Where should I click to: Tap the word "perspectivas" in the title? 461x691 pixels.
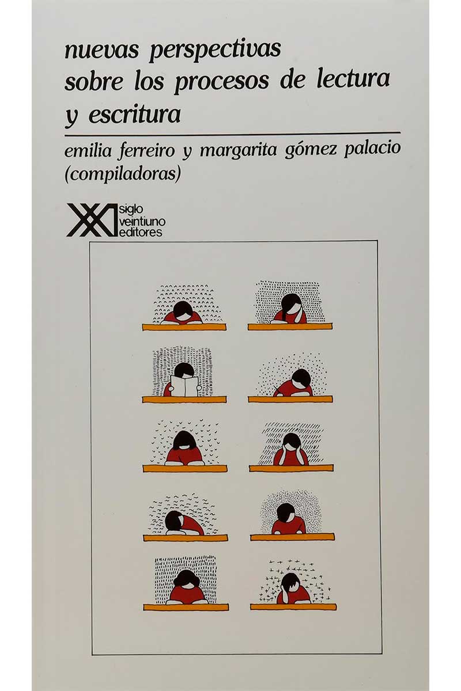coord(215,51)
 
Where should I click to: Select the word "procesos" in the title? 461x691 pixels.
coord(222,81)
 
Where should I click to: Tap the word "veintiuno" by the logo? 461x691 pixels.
coord(142,221)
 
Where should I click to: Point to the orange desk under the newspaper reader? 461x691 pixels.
coord(184,400)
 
